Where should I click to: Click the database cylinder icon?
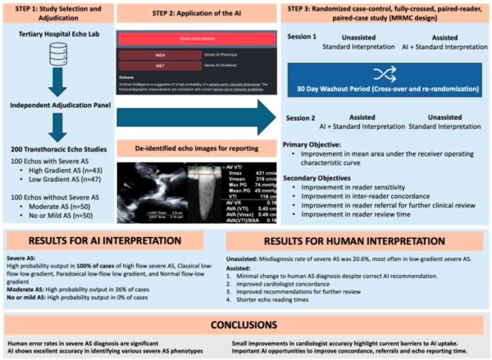point(57,55)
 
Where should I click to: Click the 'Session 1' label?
point(304,39)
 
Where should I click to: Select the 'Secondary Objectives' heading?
point(321,178)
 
